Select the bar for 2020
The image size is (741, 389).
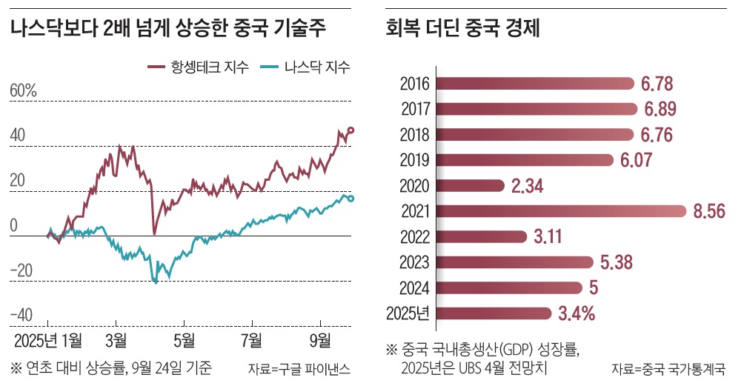tap(470, 185)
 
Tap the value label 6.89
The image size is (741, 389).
tap(660, 109)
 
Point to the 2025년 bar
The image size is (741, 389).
tap(493, 313)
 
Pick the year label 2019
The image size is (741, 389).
tap(416, 160)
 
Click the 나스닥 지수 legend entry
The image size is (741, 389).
tap(306, 67)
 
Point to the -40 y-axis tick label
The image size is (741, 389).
tap(22, 315)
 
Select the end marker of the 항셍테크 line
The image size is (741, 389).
tap(351, 130)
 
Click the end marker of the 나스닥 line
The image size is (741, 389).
tap(351, 199)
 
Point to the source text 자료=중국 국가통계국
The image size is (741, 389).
tap(668, 368)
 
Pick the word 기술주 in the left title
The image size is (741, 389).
tap(299, 29)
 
